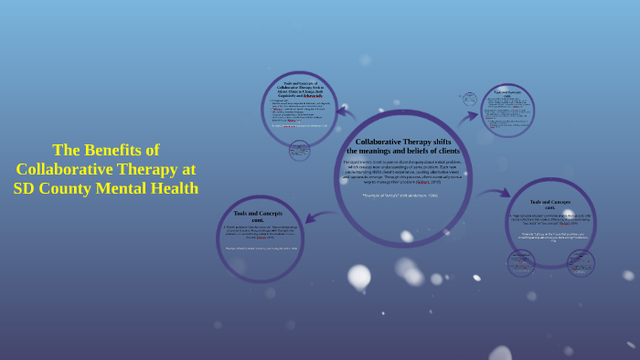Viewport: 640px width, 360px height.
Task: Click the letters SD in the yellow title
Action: click(25, 188)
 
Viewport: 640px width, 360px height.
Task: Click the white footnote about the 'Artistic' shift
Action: click(400, 195)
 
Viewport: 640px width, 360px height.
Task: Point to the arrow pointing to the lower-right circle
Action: click(495, 193)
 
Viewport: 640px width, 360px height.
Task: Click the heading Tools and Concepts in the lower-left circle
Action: click(259, 217)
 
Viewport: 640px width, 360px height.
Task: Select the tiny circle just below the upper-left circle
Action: click(299, 151)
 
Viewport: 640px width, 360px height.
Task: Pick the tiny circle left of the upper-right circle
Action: click(469, 99)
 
